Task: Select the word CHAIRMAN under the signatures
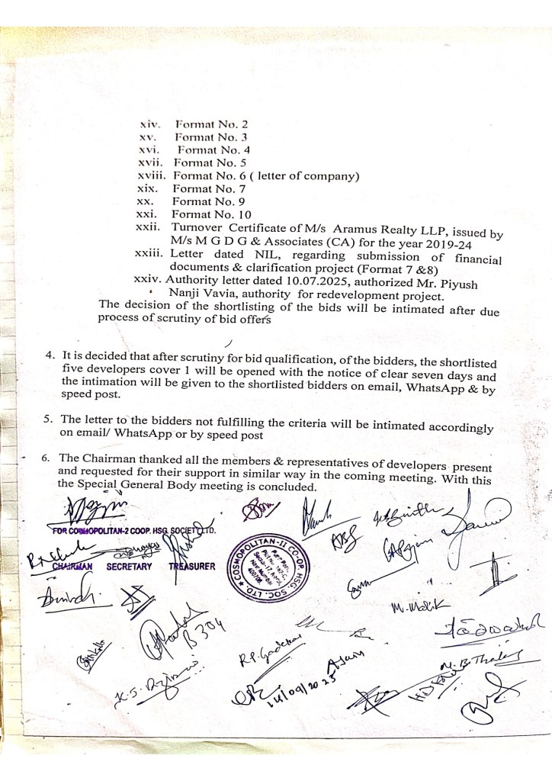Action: click(72, 567)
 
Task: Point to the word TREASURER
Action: click(193, 567)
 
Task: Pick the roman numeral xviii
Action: click(149, 176)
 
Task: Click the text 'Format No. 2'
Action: click(211, 124)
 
